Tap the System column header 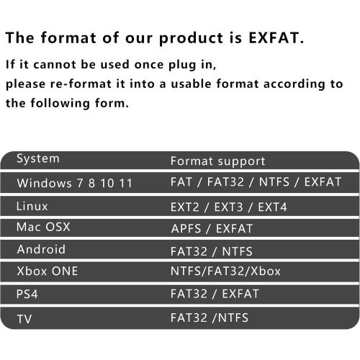coord(38,159)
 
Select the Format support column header coord(217,161)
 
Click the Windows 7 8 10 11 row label coord(74,183)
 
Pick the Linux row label coord(32,207)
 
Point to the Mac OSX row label coord(43,227)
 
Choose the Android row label coord(41,249)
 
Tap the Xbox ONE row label coord(48,271)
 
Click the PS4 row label coord(27,294)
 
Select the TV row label coord(24,319)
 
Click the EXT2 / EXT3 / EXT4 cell coord(228,207)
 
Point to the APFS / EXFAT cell coord(212,228)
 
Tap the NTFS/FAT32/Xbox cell coord(225,271)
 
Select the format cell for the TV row coord(210,318)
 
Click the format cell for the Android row coord(212,251)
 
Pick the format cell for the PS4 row coord(215,294)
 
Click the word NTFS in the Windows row coord(274,182)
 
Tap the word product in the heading coord(191,38)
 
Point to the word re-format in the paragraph coord(81,84)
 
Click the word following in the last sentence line coord(60,104)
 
